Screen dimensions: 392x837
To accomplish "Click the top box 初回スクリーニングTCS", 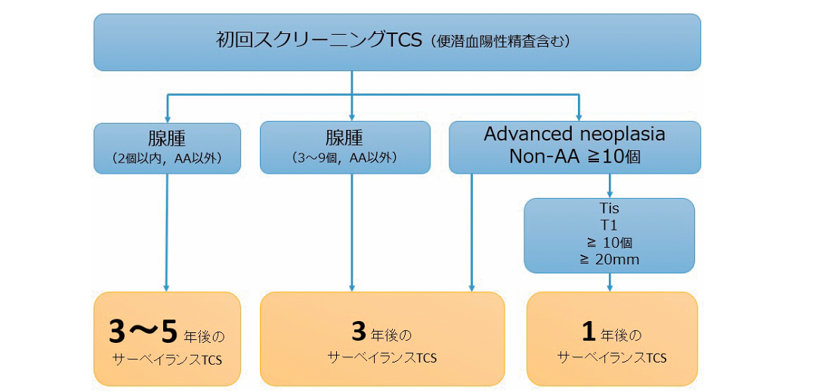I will click(397, 42).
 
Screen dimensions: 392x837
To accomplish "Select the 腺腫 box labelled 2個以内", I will click(167, 147).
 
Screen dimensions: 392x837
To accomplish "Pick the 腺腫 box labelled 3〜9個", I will click(344, 147).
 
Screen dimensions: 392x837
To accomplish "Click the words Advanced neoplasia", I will click(574, 134).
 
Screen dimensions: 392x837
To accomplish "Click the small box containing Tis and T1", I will click(609, 234).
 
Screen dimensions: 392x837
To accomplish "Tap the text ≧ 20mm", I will click(609, 259).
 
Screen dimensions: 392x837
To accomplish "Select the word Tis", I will click(609, 208).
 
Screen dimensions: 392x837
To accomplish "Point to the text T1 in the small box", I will click(609, 224).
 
